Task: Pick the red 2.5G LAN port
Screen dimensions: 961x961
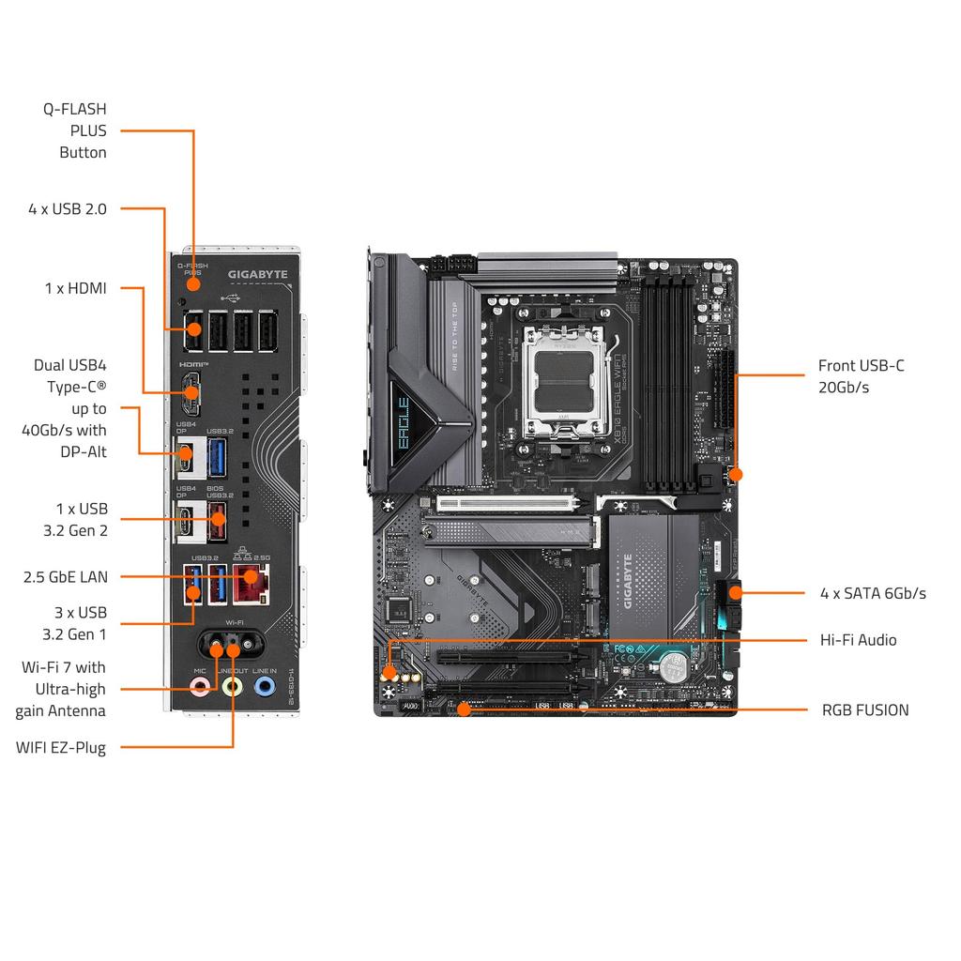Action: point(251,585)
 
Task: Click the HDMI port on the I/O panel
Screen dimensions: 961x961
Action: point(191,395)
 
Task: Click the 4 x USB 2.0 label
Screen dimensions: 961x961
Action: point(68,208)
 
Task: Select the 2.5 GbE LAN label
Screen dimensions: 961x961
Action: point(66,576)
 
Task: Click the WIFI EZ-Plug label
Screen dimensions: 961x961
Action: point(61,748)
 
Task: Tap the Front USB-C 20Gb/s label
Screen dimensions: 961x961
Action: point(861,376)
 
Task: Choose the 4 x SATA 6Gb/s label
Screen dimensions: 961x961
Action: point(873,593)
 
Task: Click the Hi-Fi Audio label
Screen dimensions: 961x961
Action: point(859,640)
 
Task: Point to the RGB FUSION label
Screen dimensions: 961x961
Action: point(865,709)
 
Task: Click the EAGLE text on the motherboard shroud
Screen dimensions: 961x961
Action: point(403,423)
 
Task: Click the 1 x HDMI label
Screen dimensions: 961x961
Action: point(76,288)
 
